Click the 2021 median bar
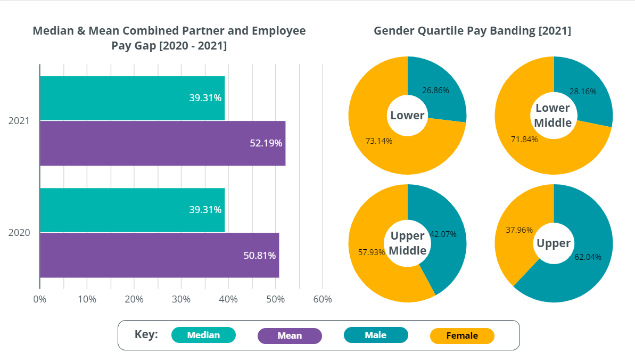132,98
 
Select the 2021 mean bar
162,143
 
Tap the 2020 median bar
132,210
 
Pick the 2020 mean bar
159,255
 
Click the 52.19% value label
266,143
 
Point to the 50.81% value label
259,256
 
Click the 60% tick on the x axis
323,299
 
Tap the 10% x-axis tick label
87,299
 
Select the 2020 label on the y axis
19,233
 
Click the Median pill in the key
203,335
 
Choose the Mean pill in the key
290,336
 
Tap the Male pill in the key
376,335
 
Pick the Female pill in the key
462,336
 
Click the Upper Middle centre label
408,243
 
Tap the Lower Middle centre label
553,116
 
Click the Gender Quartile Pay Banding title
472,31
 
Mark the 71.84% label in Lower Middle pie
524,140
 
